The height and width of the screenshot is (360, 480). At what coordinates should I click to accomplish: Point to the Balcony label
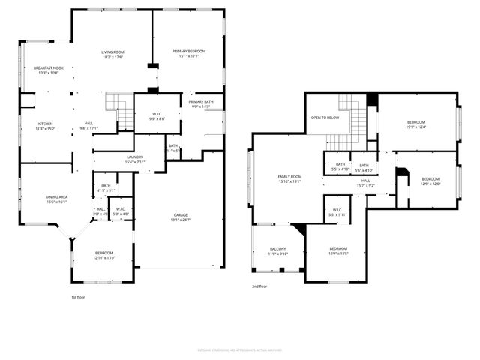pyautogui.click(x=279, y=250)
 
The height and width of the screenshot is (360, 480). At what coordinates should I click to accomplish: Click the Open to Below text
pyautogui.click(x=325, y=118)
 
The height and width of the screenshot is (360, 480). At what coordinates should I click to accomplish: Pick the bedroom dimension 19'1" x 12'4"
pyautogui.click(x=416, y=127)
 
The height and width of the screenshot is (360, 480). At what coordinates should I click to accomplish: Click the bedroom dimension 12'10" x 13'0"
pyautogui.click(x=104, y=258)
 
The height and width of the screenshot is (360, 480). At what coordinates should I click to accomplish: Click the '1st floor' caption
pyautogui.click(x=79, y=297)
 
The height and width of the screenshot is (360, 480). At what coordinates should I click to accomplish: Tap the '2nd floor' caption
pyautogui.click(x=261, y=286)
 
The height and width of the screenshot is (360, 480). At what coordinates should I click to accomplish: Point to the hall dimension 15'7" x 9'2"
pyautogui.click(x=366, y=185)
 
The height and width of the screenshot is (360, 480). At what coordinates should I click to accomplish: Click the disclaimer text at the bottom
pyautogui.click(x=239, y=349)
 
